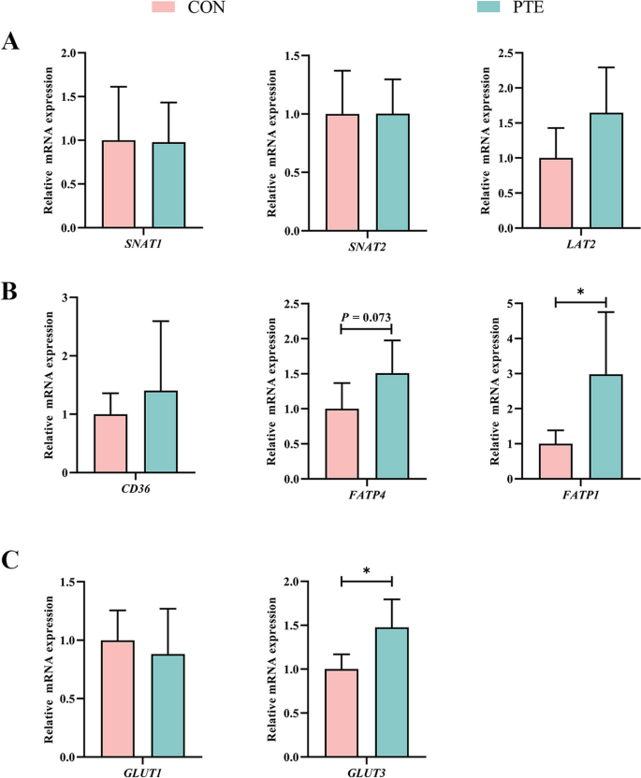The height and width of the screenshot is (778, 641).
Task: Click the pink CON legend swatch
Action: (174, 8)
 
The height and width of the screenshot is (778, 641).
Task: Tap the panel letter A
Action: (10, 42)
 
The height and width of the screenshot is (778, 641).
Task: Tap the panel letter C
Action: (10, 561)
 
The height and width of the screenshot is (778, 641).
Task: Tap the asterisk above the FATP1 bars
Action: (581, 292)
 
